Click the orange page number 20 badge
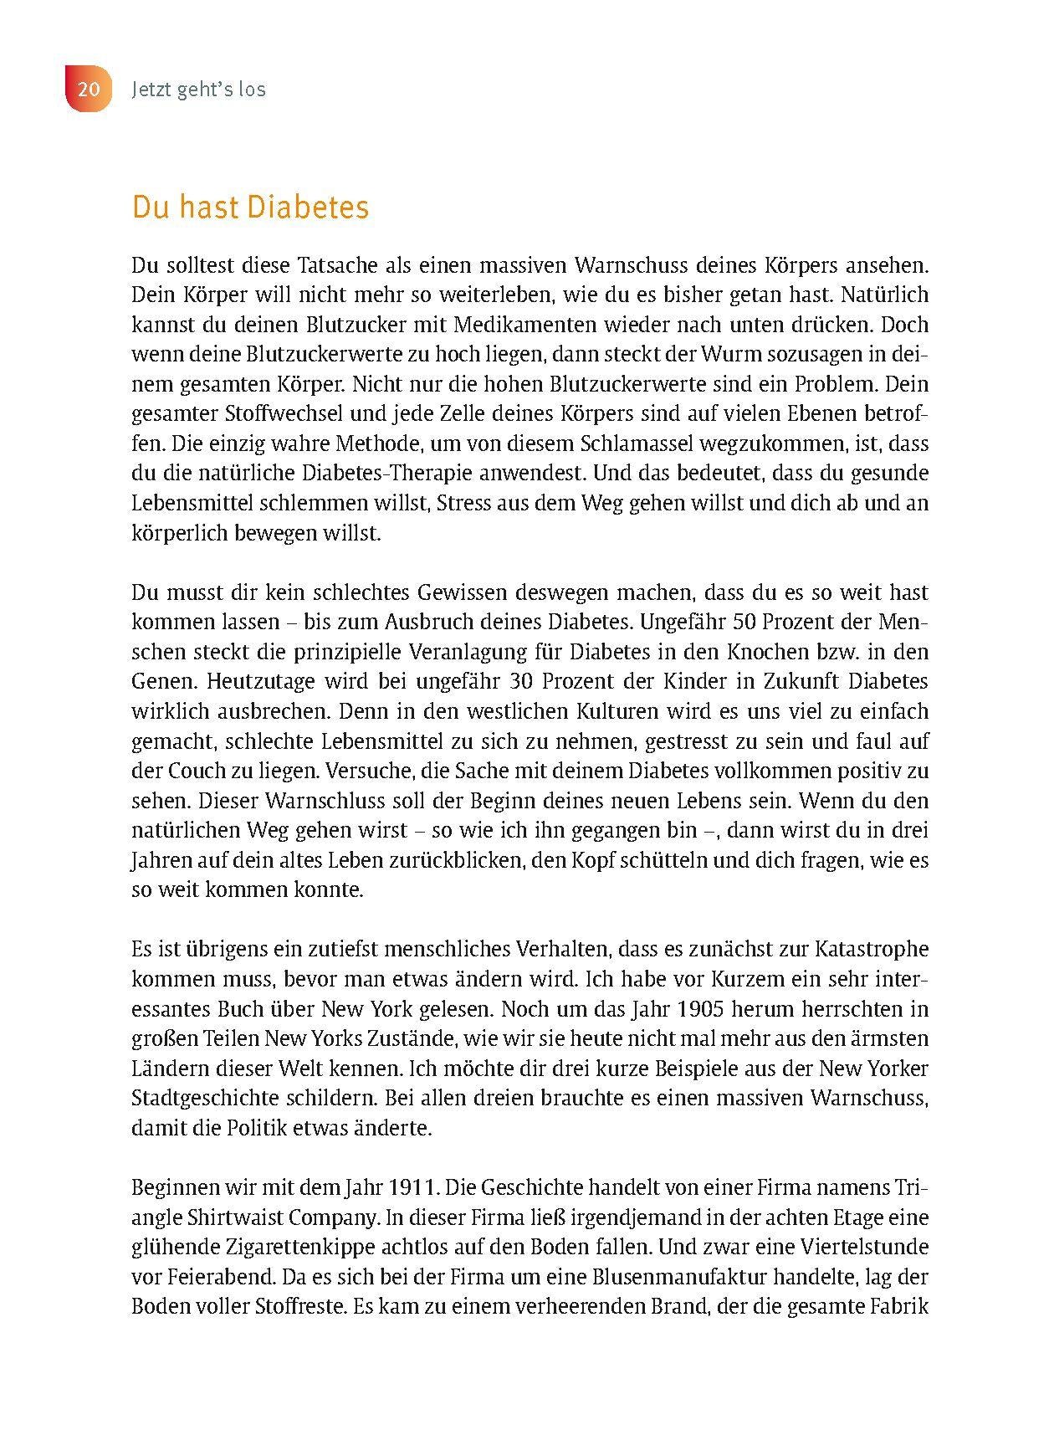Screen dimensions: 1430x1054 (x=88, y=89)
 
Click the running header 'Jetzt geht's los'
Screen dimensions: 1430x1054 (x=198, y=89)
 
